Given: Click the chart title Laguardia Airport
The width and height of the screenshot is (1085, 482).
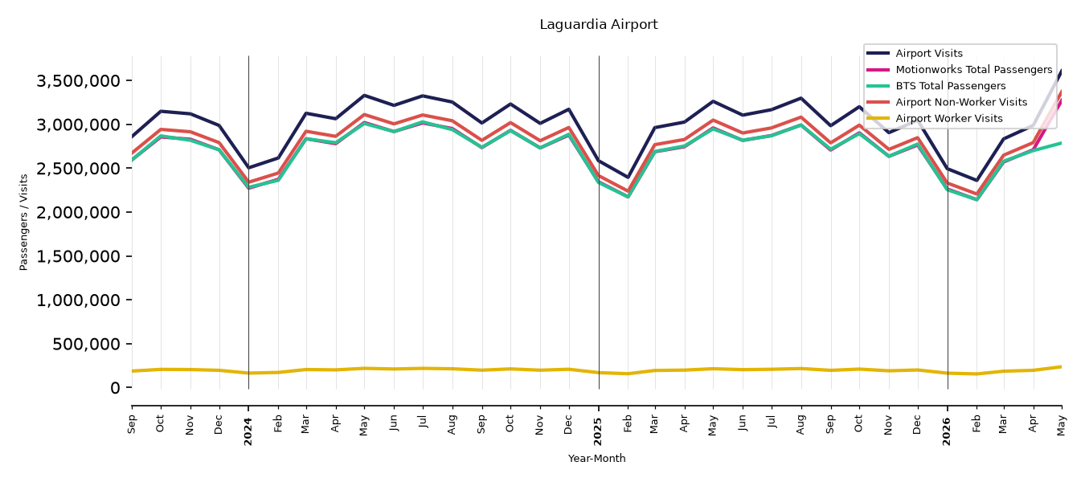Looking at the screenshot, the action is (599, 24).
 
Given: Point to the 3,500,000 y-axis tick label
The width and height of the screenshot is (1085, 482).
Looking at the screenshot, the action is (79, 81).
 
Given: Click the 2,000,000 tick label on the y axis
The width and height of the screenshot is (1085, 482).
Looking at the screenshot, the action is (79, 212).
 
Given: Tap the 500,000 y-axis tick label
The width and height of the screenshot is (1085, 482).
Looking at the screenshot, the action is (86, 344).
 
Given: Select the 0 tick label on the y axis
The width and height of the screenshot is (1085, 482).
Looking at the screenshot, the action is (115, 388).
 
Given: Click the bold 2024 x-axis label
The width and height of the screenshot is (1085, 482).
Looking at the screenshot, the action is (248, 431).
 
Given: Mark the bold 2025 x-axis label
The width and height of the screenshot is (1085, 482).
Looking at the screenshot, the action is (598, 431).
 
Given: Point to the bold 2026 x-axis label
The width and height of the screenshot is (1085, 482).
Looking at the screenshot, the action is (947, 431).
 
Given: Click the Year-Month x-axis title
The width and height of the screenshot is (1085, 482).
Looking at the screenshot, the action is (596, 458).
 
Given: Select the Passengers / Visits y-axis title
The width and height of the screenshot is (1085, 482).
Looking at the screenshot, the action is (24, 223).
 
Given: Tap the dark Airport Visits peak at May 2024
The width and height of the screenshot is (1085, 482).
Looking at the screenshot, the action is (364, 96).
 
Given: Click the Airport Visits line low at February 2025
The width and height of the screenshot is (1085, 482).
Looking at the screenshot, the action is (628, 177).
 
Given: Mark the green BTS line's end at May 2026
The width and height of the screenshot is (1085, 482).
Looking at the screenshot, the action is (1061, 143).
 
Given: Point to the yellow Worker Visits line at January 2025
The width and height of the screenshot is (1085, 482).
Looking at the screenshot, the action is (599, 373).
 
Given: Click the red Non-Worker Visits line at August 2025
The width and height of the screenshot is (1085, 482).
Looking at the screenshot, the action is (801, 117).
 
